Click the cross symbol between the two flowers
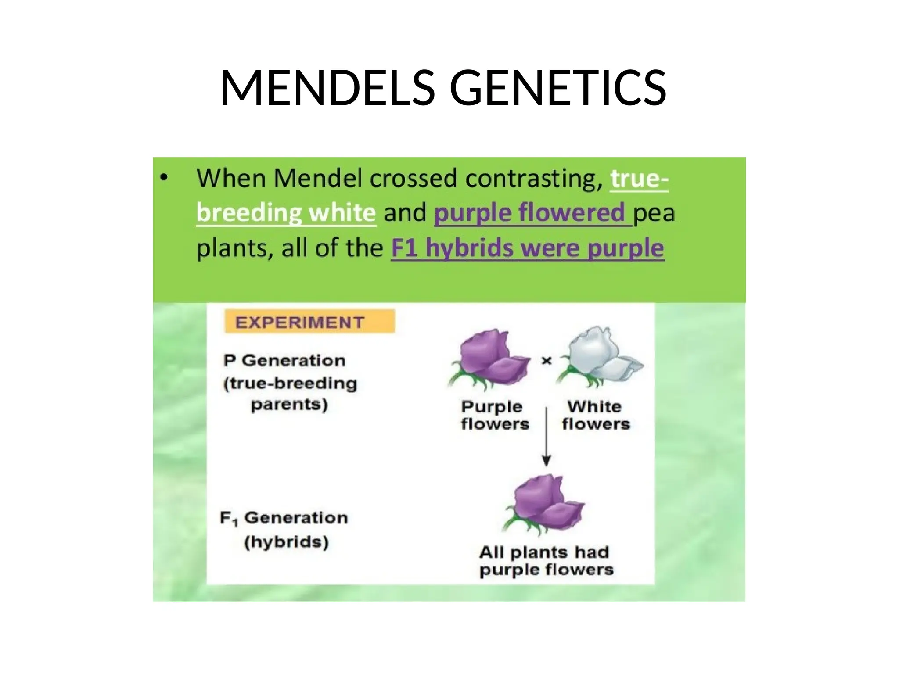coord(547,361)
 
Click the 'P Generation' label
coord(284,361)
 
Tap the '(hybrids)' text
coord(286,542)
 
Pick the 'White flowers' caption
coord(595,415)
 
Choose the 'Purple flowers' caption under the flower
coord(495,415)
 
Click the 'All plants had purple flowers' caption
coord(546,561)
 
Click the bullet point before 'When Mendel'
coord(164,178)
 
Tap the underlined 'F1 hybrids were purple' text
coord(527,248)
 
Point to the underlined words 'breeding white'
coord(286,213)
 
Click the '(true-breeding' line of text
coord(290,384)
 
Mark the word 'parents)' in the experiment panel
coord(289,404)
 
